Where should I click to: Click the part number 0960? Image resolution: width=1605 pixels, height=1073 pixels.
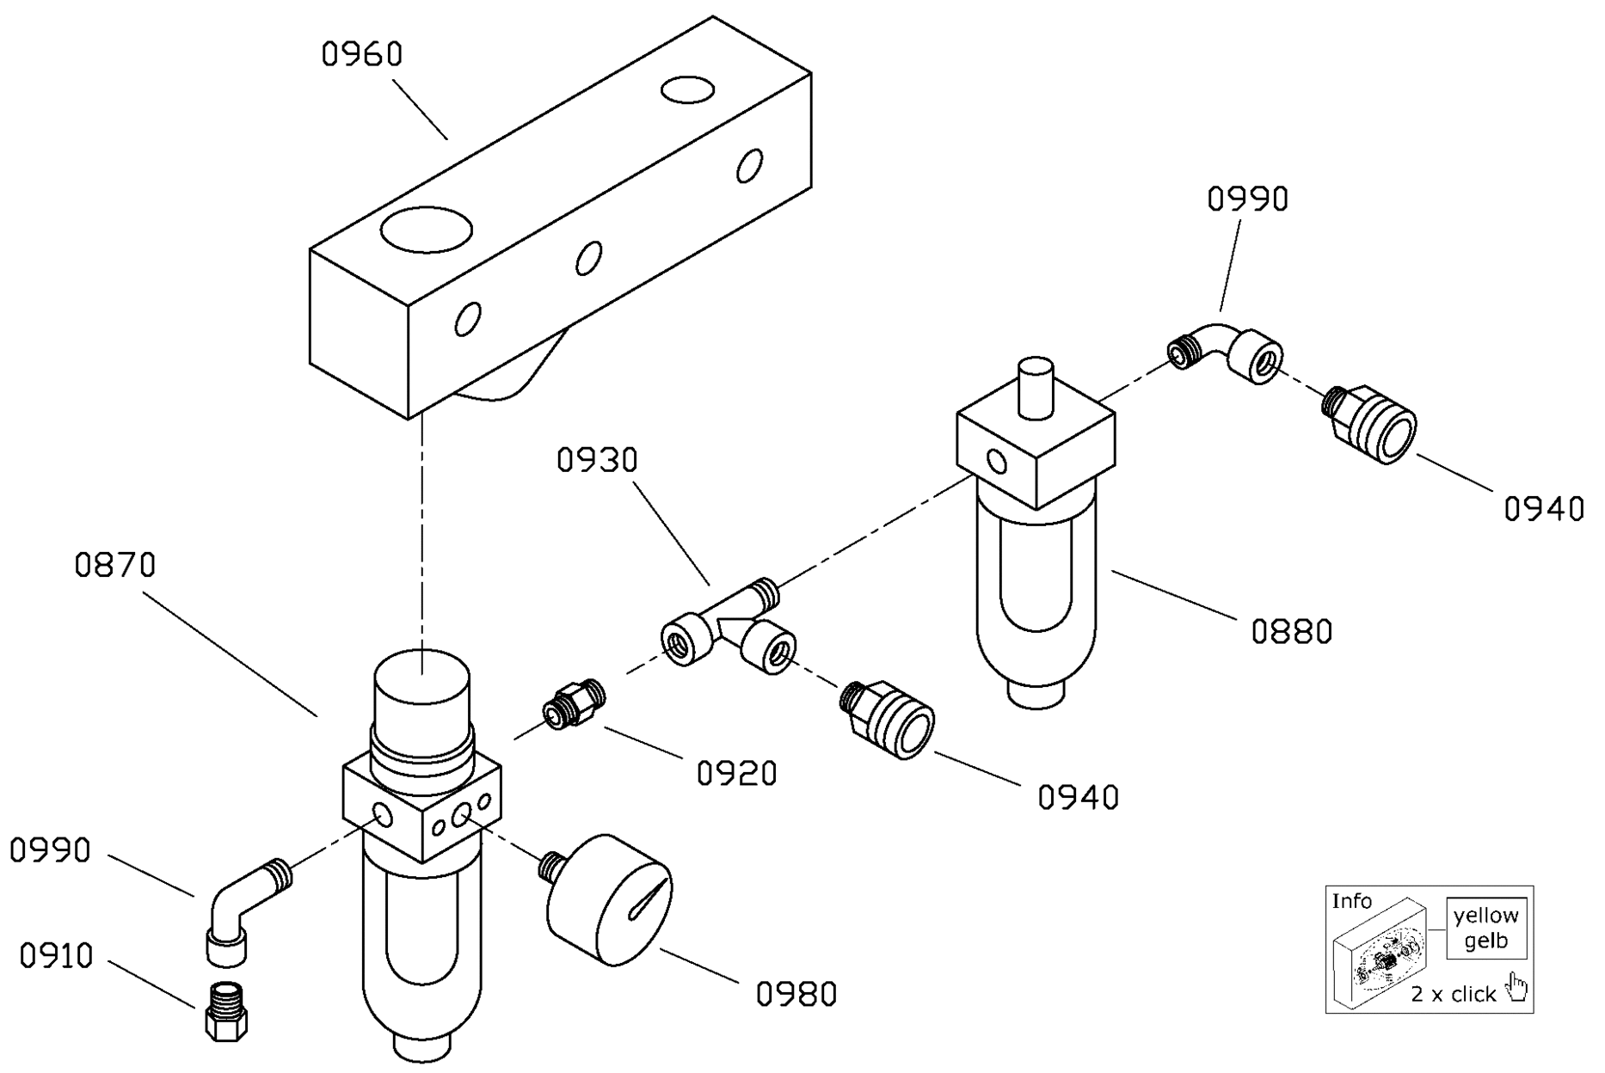click(362, 54)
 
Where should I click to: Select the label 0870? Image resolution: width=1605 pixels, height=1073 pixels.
click(115, 565)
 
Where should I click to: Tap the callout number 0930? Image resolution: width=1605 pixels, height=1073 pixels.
click(598, 460)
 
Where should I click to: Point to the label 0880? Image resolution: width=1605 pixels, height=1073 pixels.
click(1292, 632)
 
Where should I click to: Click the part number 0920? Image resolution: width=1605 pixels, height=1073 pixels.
click(737, 774)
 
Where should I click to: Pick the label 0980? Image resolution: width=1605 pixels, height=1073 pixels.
click(796, 994)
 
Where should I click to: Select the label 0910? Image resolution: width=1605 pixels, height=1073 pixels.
click(57, 956)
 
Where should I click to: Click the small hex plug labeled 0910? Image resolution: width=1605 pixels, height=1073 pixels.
click(226, 1012)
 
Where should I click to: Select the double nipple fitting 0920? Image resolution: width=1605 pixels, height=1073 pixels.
click(574, 703)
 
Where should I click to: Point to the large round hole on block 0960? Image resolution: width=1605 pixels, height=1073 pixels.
click(427, 229)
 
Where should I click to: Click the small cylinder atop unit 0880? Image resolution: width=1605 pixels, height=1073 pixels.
click(1035, 388)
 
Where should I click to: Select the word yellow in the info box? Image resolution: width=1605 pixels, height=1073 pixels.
click(1486, 917)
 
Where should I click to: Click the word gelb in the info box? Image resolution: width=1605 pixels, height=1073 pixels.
click(1486, 941)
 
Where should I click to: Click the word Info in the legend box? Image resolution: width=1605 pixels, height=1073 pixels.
click(1352, 901)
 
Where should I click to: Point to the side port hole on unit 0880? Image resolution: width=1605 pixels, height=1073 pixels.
click(997, 462)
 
